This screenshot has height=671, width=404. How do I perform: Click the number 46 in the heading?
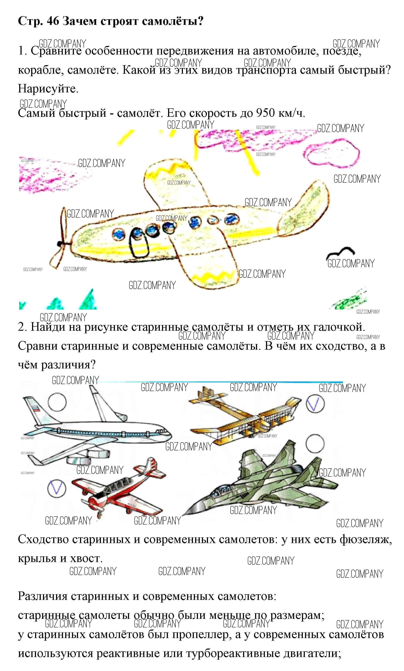point(53,21)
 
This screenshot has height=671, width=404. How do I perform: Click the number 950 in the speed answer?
point(265,112)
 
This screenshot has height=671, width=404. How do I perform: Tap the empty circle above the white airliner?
point(57,402)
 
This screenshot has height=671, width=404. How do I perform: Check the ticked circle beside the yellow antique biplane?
point(315,404)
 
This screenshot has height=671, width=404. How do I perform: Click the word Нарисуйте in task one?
point(48,89)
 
